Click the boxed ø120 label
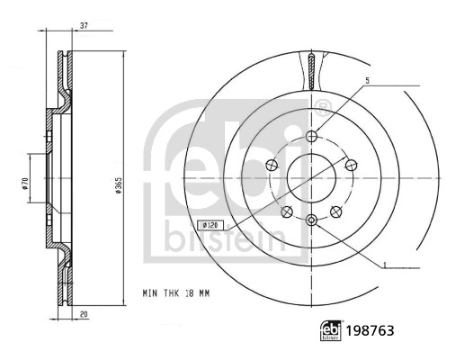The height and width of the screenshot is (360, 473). coord(210,224)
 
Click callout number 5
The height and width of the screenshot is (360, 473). coord(368,82)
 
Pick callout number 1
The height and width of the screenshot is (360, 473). coord(385,263)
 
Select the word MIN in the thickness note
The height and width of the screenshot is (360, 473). coord(153,292)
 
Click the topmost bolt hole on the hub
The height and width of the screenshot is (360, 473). coord(311,137)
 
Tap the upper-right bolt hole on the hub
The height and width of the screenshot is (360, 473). coord(350,166)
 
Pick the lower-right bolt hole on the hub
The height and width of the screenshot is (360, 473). coord(335,211)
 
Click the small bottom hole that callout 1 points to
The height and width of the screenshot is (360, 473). coord(311,220)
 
